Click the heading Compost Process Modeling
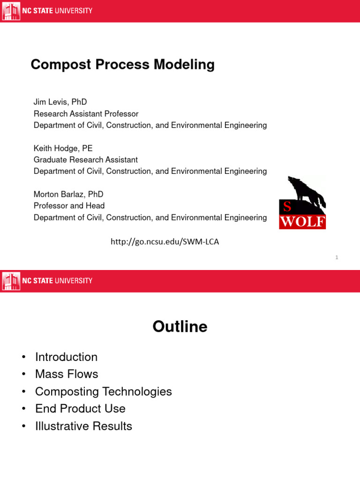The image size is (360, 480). pos(122,64)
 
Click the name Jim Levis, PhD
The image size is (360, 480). pos(60,102)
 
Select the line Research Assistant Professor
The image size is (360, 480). pos(86,113)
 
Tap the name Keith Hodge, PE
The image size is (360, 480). pos(63,148)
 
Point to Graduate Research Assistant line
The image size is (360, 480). pos(85,160)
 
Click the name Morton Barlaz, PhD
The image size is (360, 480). pos(68,194)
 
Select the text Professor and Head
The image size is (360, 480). pos(69,206)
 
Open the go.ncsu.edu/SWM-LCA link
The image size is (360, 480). pos(165,242)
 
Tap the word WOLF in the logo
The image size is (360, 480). pos(302,221)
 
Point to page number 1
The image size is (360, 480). pos(337,257)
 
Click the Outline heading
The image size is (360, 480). pos(180,326)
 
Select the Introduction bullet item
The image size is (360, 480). pos(66,357)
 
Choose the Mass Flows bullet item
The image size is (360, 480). pos(67,374)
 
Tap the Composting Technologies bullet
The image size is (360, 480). pos(103,391)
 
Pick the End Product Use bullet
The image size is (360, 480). pos(80,409)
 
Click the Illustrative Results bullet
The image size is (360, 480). pos(83,426)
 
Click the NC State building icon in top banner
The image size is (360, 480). pos(11,11)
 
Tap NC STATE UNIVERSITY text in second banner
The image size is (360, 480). pos(58,281)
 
